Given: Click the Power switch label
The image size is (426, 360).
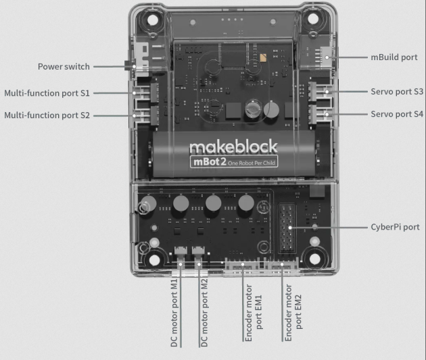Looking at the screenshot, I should tap(63, 67).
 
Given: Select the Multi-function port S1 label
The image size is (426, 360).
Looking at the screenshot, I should tap(47, 93).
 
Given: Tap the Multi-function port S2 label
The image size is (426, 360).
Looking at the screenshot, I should tap(47, 115).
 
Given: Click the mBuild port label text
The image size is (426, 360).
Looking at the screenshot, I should tap(393, 57).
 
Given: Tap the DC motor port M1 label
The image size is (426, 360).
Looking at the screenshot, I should tap(174, 312).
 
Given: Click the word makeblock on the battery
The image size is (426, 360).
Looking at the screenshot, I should tap(224, 147).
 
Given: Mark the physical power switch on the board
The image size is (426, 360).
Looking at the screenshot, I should tap(133, 67).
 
